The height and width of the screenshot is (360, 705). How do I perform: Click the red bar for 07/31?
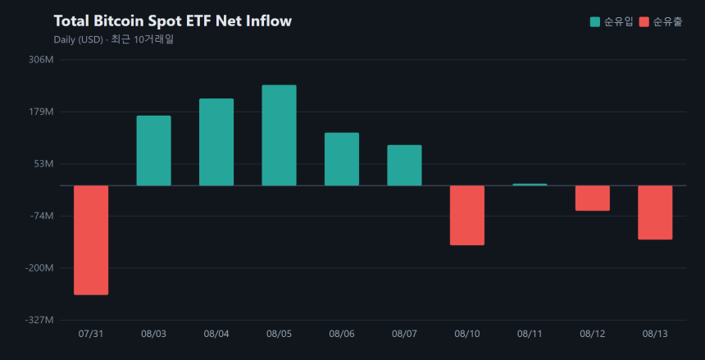coord(91,240)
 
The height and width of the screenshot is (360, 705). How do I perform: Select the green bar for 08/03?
coord(154,151)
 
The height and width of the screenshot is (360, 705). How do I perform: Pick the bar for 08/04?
coord(216,142)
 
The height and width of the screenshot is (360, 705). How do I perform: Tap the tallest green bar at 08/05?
coord(280,135)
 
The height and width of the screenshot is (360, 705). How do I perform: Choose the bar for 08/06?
coord(342,159)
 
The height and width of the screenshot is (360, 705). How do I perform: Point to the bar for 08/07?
coord(405,165)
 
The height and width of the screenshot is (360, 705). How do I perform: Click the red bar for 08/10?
coord(467,215)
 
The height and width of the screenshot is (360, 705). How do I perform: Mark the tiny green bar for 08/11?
coord(530,185)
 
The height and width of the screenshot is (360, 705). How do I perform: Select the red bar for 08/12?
coord(593,198)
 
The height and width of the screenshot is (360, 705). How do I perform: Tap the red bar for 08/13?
coord(655,212)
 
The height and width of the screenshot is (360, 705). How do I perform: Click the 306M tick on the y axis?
coord(41,59)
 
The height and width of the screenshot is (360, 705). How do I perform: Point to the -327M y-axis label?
coord(41,320)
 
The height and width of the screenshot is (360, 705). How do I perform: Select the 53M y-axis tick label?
coord(44,164)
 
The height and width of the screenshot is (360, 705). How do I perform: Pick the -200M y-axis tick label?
coord(41,268)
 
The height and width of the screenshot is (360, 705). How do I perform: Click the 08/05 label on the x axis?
coord(279,334)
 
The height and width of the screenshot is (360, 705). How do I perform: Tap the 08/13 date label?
coord(655,334)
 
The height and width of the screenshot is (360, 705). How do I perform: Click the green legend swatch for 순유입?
coord(595,21)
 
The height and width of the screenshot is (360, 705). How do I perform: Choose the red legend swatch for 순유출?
coord(644,21)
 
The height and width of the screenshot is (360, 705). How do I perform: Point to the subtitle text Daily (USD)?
coord(79,39)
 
